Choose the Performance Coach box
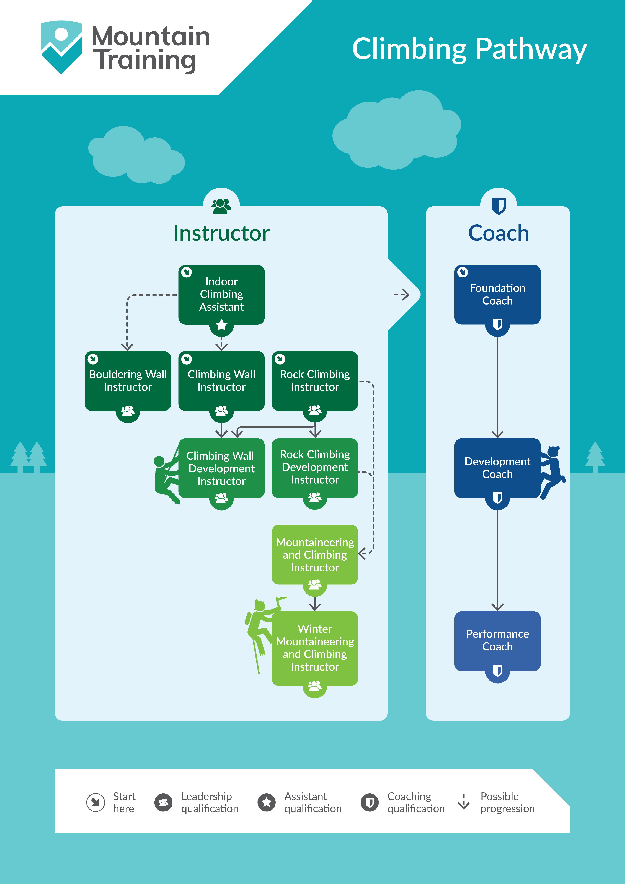(497, 640)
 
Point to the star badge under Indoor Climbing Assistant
(221, 325)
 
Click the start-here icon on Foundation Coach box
(463, 272)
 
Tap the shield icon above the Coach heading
(498, 205)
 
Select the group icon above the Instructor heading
(221, 206)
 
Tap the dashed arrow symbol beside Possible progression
(464, 802)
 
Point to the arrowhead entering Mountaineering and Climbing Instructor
(362, 554)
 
